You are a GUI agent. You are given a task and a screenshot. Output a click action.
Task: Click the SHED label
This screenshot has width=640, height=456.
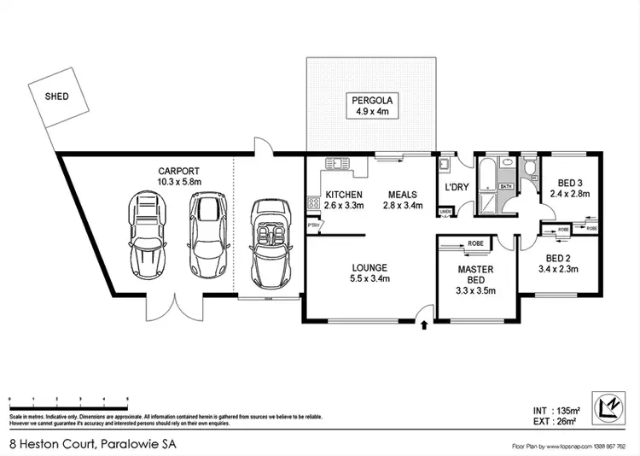pos(56,96)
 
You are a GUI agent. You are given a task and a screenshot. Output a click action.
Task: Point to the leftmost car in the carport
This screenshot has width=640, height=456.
pos(146,236)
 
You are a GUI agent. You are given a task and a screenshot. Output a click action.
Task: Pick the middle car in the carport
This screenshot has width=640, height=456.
pos(207,236)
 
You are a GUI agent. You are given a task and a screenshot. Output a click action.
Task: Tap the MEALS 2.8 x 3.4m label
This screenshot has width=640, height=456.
pos(401,199)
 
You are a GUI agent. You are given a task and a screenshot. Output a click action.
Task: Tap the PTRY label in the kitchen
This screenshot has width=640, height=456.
pos(313,225)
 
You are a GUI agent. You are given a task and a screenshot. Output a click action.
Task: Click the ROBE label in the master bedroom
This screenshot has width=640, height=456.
pos(474,244)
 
